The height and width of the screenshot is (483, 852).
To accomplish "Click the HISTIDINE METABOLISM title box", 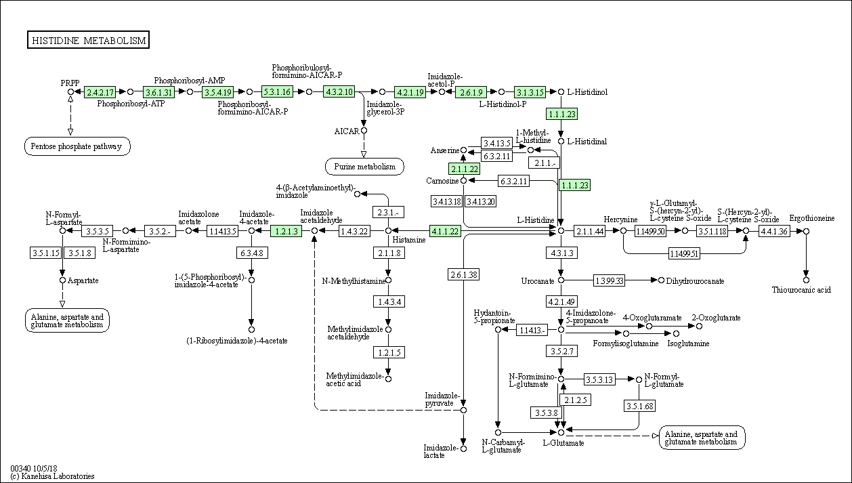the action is pos(88,40).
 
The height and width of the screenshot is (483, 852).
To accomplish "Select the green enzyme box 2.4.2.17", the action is pos(100,92).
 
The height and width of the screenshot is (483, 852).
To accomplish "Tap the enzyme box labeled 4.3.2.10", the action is pos(339,91).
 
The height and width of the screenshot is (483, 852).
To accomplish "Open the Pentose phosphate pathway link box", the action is pos(77,146).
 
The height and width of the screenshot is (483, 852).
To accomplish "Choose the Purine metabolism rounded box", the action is pos(364,167).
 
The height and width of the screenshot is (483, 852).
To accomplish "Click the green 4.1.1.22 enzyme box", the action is pos(445,231).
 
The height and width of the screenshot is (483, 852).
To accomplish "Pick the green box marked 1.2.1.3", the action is pos(286,231).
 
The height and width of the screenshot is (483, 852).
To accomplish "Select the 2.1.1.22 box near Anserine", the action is pos(464,169).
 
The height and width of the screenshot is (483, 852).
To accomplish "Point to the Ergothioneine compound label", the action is pos(811,218).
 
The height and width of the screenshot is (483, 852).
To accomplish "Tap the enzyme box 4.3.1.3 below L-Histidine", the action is pos(561,253).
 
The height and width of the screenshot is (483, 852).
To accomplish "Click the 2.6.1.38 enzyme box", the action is pos(463,274).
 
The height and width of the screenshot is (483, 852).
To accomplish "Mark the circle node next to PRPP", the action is pos(70,92).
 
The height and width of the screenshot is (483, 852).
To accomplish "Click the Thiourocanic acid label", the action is pos(801,290).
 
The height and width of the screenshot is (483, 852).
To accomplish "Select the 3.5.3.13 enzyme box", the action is pos(599,379).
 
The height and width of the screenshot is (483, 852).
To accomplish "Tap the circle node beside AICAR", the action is pos(364,131).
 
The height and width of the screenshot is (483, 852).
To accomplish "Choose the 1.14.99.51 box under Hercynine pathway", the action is pos(684,253).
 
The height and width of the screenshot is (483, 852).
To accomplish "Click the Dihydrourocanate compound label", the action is pos(695,281).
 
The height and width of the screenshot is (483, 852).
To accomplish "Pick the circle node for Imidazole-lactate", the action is pos(463,448).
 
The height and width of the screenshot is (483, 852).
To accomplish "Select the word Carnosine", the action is pos(442,181).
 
